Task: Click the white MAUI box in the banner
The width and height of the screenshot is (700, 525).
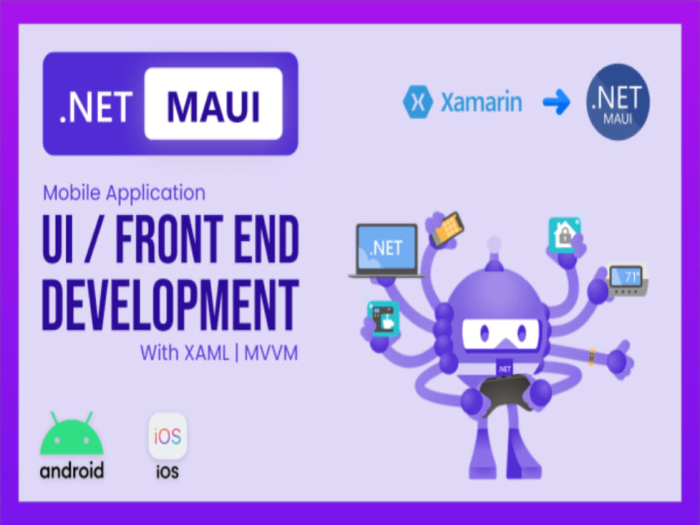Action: click(x=213, y=104)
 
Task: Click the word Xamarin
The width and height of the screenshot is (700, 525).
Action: click(x=481, y=103)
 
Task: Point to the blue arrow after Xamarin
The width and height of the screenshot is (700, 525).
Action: click(x=557, y=103)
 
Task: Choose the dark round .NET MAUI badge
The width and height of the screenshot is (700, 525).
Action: click(x=617, y=101)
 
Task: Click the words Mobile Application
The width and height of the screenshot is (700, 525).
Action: click(x=124, y=192)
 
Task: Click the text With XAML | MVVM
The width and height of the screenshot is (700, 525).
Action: click(x=218, y=353)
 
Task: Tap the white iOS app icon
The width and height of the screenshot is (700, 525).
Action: click(x=167, y=437)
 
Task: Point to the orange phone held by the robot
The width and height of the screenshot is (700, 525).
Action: click(x=447, y=229)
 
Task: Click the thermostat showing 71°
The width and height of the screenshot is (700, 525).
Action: click(x=626, y=279)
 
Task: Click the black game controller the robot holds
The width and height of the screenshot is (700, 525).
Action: click(x=505, y=390)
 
